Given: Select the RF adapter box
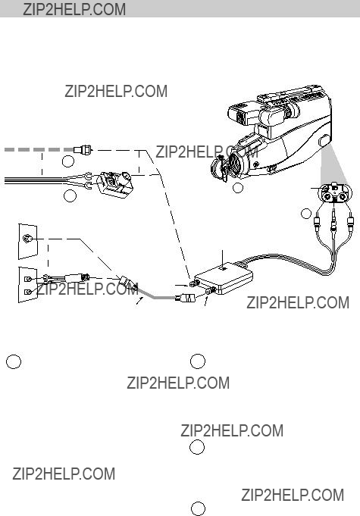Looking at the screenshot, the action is [224, 278].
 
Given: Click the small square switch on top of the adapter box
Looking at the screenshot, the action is [224, 268].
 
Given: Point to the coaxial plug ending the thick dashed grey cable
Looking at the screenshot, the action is [83, 150].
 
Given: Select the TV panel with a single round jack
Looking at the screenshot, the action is [27, 241].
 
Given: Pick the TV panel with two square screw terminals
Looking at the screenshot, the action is [27, 285].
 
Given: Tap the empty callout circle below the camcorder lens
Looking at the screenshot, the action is [237, 188].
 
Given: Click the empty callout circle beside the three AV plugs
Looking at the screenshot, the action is [306, 213].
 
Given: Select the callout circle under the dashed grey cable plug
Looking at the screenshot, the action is [68, 161].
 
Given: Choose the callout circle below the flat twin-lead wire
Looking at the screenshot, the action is [70, 195].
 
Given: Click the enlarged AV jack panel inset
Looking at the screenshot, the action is [335, 192].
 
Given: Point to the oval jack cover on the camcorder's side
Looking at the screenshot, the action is [323, 140].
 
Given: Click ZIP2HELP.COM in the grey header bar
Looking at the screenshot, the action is [74, 9].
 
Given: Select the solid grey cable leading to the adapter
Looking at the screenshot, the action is [155, 294].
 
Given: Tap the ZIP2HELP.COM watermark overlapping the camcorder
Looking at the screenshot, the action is [207, 152].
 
